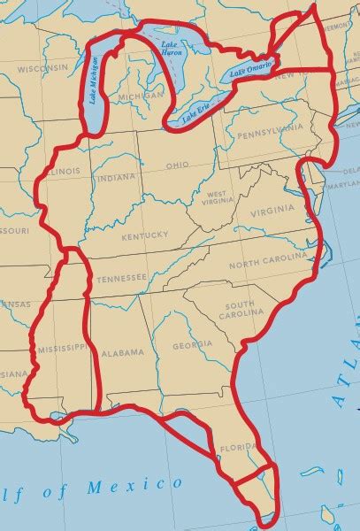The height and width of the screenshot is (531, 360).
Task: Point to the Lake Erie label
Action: [196, 112]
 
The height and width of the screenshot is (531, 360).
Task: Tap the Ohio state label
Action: [177, 165]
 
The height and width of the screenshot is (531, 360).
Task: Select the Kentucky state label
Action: [146, 235]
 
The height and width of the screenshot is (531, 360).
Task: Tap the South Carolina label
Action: [237, 308]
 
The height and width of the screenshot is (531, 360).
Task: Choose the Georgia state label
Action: [192, 345]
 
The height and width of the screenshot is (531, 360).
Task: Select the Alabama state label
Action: [122, 352]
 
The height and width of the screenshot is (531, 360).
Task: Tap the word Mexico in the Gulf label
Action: [144, 485]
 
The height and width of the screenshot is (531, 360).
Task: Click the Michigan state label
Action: [142, 95]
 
